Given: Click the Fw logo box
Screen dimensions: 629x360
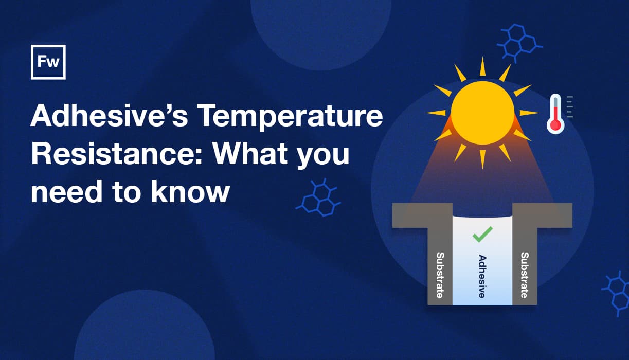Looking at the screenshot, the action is click(x=48, y=62).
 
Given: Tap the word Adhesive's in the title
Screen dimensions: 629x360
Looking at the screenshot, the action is click(x=109, y=115).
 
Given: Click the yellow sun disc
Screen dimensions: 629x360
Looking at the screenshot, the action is click(x=483, y=113).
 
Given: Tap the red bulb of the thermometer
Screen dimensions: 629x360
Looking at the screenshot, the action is click(x=555, y=125).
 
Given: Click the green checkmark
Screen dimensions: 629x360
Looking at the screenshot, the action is click(x=483, y=235).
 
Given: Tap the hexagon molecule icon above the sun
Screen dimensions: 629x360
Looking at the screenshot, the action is click(x=519, y=43).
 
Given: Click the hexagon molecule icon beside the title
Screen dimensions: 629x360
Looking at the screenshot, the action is click(x=318, y=197).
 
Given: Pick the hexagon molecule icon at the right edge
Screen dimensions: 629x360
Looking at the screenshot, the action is click(x=616, y=293).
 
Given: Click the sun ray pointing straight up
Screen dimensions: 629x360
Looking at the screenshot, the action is click(x=483, y=66).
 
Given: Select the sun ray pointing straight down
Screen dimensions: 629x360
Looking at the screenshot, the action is click(x=483, y=159).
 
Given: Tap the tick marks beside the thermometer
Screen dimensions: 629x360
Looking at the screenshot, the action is click(x=570, y=106).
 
